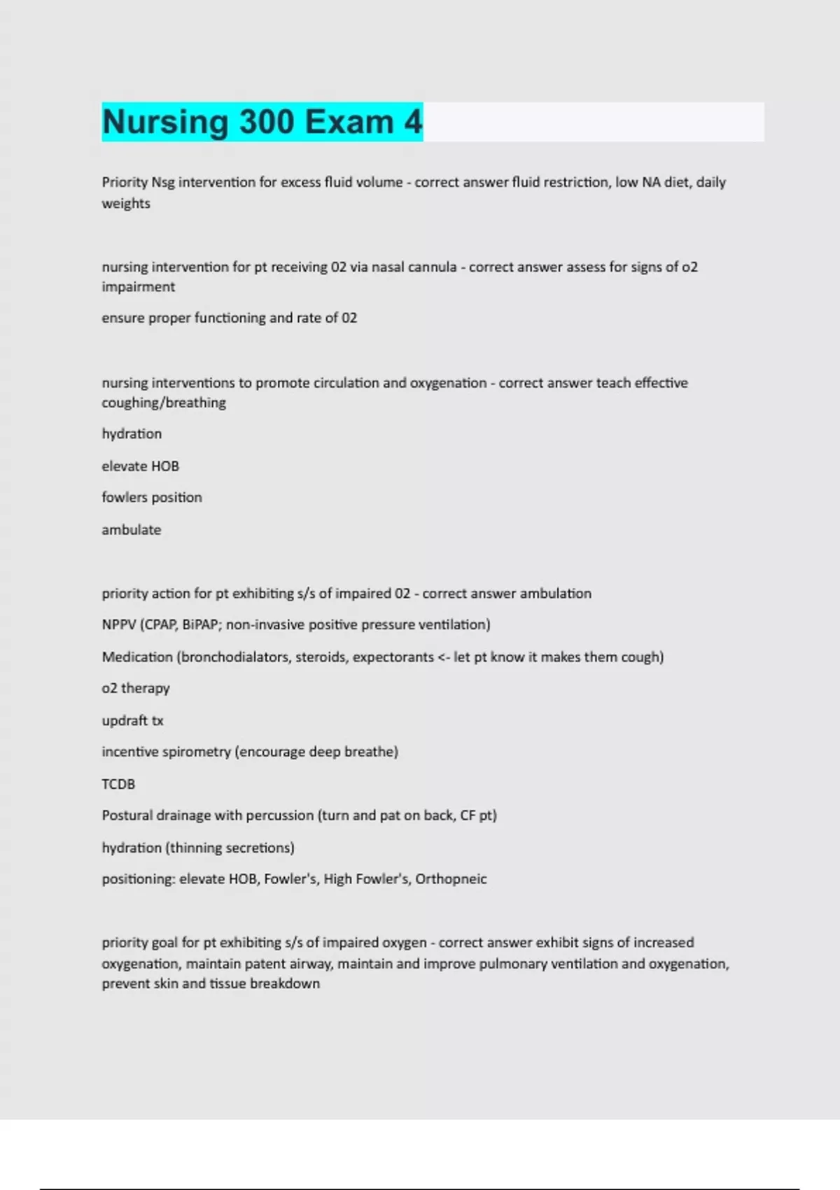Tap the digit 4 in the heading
[x=413, y=122]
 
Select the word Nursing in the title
[x=165, y=122]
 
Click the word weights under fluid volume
[x=126, y=204]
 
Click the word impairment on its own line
[x=138, y=287]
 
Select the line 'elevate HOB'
[x=140, y=466]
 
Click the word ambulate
[x=131, y=530]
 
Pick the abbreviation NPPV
[x=118, y=624]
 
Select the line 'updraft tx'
[x=132, y=720]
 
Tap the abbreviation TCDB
[x=118, y=784]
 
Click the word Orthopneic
[x=451, y=879]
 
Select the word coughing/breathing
[x=164, y=403]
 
